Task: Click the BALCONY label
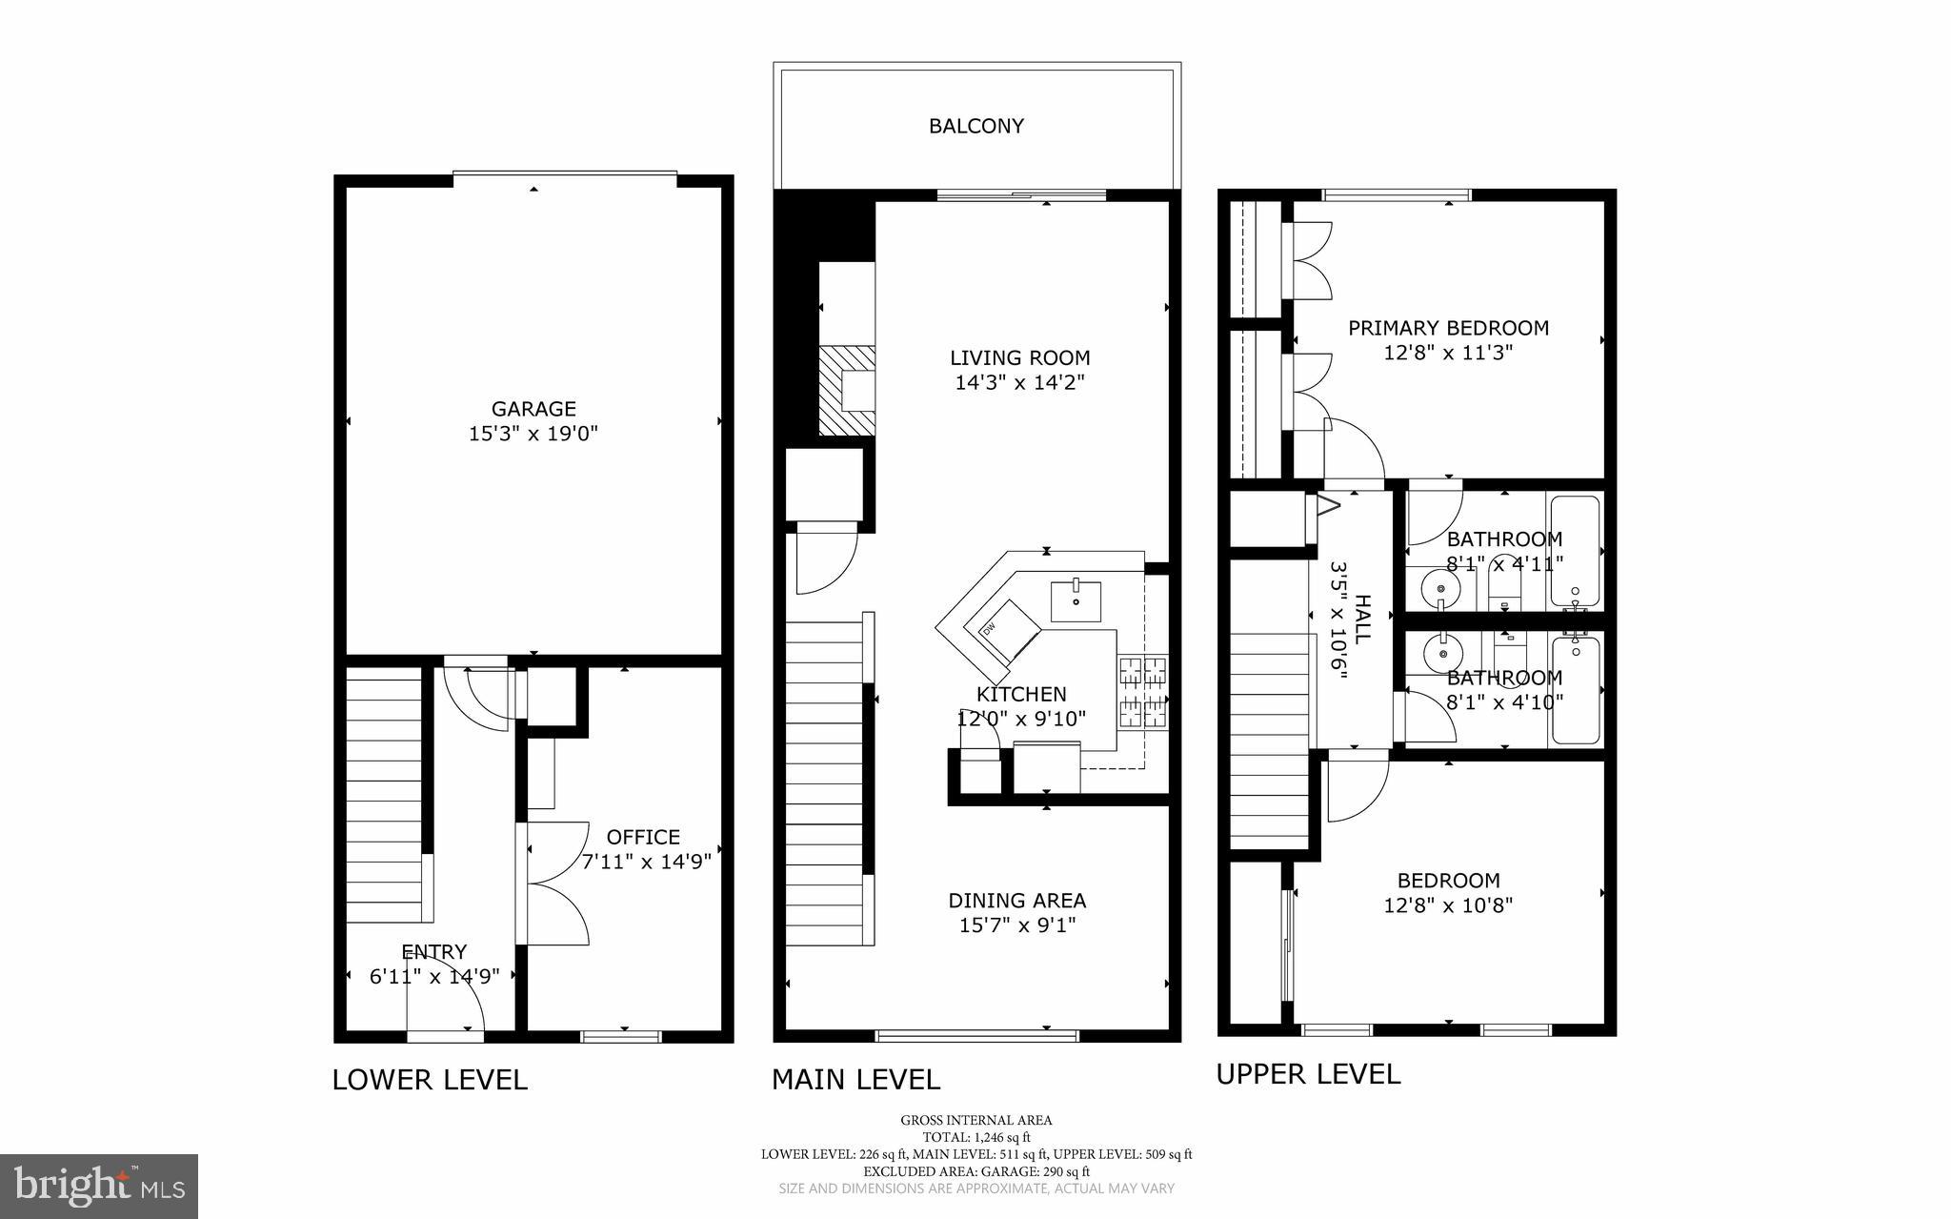[975, 126]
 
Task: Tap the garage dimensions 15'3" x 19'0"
[533, 434]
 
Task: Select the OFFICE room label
[643, 837]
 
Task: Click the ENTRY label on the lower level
[433, 951]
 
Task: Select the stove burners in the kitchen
[1142, 692]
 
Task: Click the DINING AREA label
[1016, 900]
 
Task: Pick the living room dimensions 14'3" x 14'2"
[1019, 383]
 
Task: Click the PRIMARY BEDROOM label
[1448, 328]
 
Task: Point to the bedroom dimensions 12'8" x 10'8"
[1448, 904]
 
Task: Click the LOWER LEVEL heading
[430, 1080]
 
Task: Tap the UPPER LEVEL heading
[1308, 1074]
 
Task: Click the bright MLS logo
[99, 1186]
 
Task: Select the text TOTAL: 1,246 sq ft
[976, 1137]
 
